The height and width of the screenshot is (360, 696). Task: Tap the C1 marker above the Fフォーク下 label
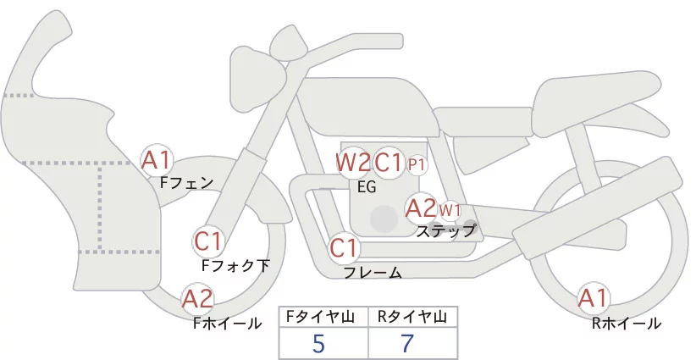pyautogui.click(x=208, y=241)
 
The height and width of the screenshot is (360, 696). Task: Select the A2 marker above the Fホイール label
pyautogui.click(x=197, y=298)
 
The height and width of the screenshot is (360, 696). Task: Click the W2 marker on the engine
pyautogui.click(x=353, y=161)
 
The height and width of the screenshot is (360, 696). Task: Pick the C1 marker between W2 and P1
pyautogui.click(x=388, y=161)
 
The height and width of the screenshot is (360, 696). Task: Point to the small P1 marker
pyautogui.click(x=417, y=163)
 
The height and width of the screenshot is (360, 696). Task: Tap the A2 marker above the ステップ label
pyautogui.click(x=421, y=208)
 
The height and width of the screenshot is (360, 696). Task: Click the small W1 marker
pyautogui.click(x=449, y=209)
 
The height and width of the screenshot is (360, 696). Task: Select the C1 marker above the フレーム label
pyautogui.click(x=345, y=248)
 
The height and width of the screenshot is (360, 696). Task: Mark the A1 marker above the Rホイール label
pyautogui.click(x=593, y=297)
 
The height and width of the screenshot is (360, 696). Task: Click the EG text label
pyautogui.click(x=367, y=186)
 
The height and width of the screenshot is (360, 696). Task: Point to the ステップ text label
pyautogui.click(x=445, y=230)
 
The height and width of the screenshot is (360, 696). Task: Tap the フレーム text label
pyautogui.click(x=373, y=273)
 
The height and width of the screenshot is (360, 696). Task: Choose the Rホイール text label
pyautogui.click(x=627, y=323)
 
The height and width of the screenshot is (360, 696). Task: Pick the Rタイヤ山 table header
pyautogui.click(x=412, y=317)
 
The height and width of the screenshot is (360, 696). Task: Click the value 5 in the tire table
pyautogui.click(x=318, y=344)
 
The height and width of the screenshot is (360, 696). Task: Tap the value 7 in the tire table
pyautogui.click(x=408, y=344)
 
